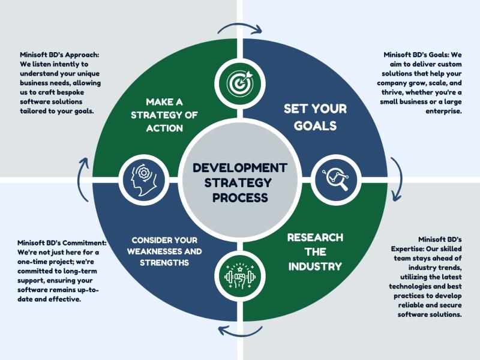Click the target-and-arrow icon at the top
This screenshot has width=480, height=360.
[240, 83]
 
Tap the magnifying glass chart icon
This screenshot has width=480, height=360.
[336, 179]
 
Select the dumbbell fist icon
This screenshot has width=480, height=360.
[240, 276]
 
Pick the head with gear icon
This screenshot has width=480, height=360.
[143, 180]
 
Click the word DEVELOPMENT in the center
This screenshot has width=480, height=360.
[240, 168]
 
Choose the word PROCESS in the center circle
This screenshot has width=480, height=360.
[240, 197]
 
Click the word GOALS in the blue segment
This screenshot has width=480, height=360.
[316, 126]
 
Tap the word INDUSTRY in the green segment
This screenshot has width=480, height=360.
[315, 266]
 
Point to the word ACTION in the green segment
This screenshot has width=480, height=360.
[164, 128]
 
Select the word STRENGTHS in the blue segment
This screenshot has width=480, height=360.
[164, 263]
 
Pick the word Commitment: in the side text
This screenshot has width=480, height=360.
[84, 243]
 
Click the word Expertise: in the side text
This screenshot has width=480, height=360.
[407, 248]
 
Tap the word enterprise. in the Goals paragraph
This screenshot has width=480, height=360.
[443, 111]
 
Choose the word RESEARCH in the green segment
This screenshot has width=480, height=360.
[315, 238]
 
